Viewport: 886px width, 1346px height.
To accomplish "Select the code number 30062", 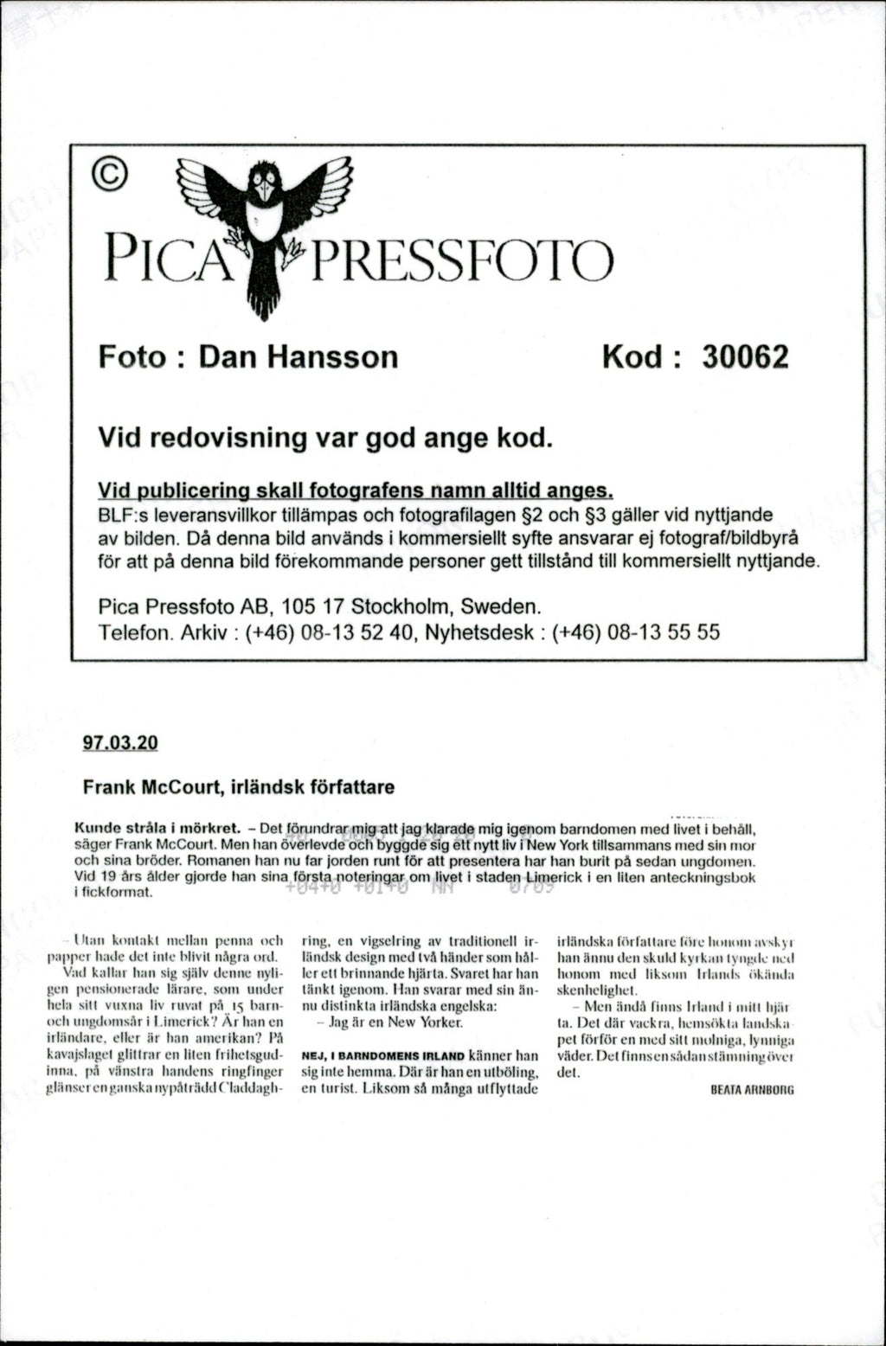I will [744, 356].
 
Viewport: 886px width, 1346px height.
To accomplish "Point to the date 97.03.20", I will [120, 742].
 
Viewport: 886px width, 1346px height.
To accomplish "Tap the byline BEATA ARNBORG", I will [751, 1091].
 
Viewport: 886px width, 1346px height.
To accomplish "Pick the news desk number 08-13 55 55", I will [664, 632].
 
